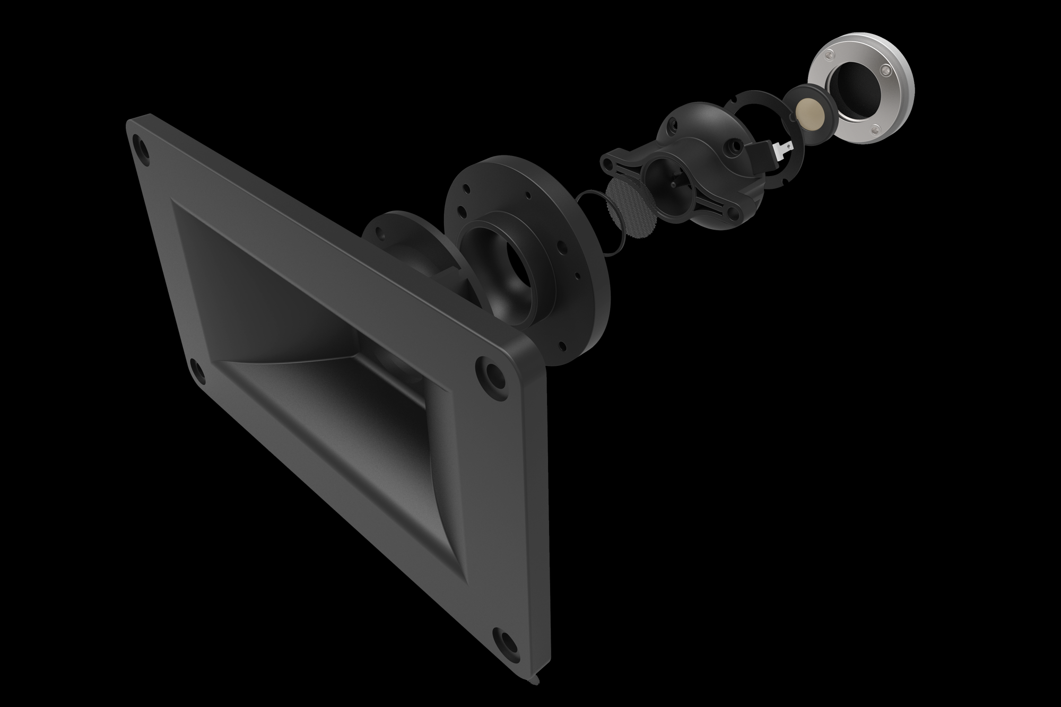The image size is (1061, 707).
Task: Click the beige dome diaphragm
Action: click(x=810, y=111)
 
